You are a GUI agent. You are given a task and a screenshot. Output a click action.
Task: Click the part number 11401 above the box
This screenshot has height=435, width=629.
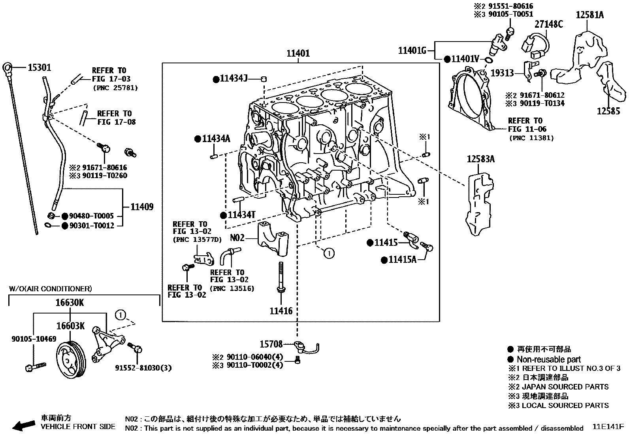click(298, 53)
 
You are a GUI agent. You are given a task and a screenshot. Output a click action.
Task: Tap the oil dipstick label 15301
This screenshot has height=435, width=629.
click(39, 68)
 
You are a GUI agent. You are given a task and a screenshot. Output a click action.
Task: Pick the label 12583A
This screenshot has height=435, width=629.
click(480, 159)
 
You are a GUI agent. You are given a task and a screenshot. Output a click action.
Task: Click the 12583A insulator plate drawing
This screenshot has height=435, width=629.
click(479, 202)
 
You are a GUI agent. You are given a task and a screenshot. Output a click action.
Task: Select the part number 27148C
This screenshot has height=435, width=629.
click(549, 24)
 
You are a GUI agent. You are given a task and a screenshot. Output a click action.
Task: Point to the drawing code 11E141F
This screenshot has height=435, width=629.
click(608, 427)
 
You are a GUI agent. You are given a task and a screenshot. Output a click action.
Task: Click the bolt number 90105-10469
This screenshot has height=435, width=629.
click(34, 339)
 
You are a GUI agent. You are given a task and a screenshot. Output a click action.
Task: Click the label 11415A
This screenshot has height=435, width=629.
click(402, 260)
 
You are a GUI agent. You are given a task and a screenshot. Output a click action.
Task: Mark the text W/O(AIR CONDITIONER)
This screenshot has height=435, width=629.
click(50, 289)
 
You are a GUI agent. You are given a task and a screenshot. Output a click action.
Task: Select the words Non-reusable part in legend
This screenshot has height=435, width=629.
click(549, 359)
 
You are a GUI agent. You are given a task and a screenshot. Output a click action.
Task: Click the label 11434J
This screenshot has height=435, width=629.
click(234, 79)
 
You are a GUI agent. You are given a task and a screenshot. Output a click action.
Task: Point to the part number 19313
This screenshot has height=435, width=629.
click(502, 73)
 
